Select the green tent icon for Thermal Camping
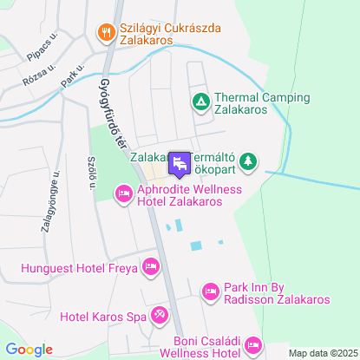click(200, 103)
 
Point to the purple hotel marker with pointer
click(180, 163)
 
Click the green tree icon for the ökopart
click(248, 160)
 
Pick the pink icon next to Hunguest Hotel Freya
click(152, 265)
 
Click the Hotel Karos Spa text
click(102, 316)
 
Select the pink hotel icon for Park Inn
click(210, 292)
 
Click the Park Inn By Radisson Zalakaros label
click(276, 293)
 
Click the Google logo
click(29, 350)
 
